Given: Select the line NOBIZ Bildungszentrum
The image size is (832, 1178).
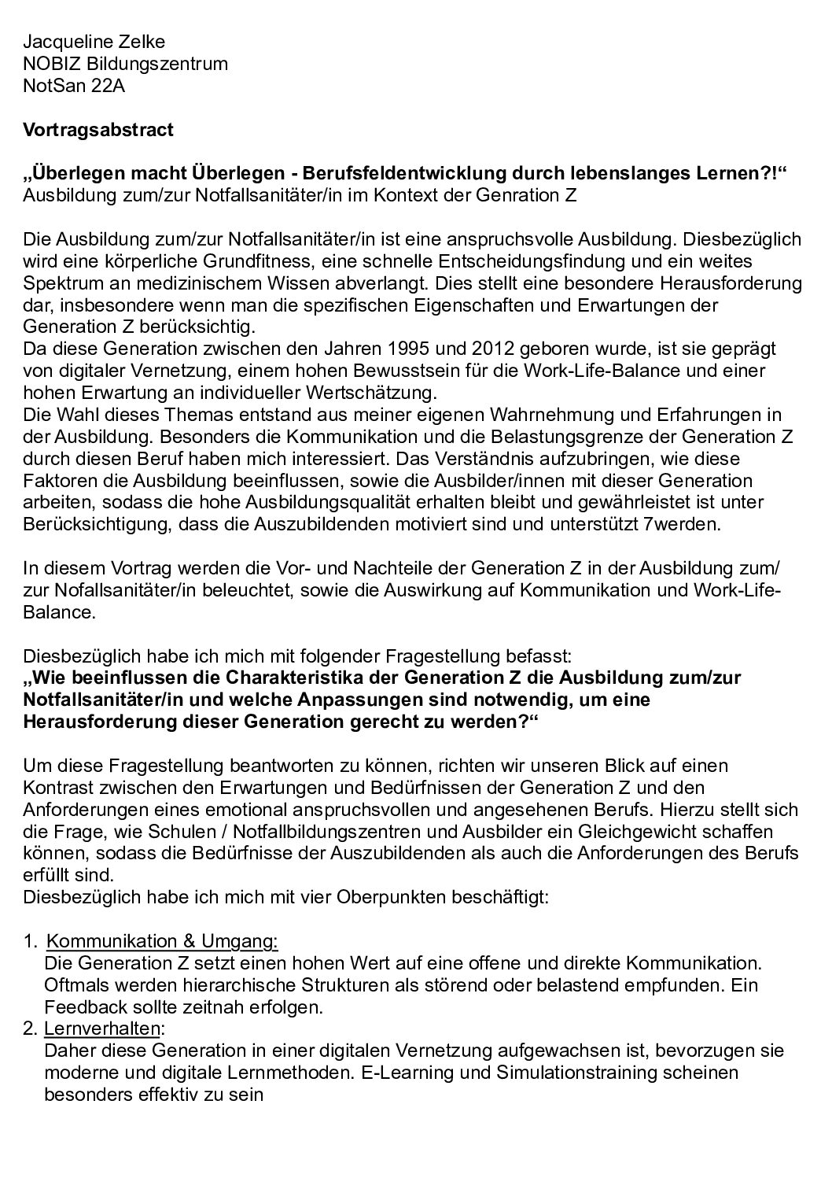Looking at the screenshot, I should click(x=126, y=64).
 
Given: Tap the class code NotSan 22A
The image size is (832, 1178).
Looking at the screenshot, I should click(x=74, y=86).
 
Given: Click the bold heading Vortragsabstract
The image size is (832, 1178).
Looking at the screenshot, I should click(x=98, y=130).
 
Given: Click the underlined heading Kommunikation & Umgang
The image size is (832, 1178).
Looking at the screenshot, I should click(x=162, y=941).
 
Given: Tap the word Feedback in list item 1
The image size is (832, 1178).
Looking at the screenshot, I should click(x=82, y=1006).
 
